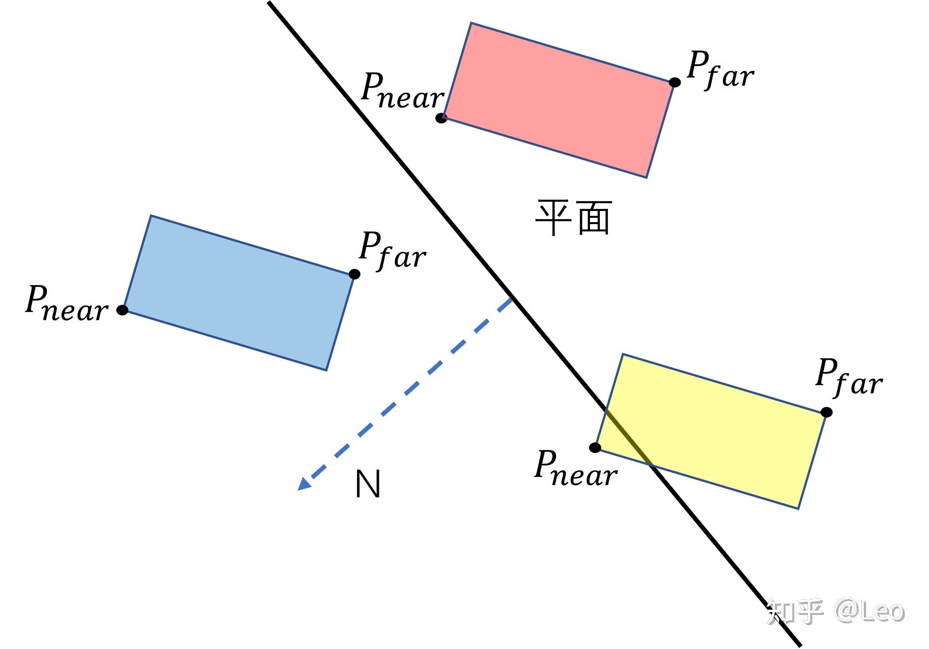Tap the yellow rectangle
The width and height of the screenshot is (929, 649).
click(715, 430)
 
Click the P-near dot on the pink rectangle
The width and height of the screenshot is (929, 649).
click(441, 118)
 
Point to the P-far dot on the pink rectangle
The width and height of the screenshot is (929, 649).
click(675, 82)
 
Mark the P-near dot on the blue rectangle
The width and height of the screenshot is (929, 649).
click(123, 310)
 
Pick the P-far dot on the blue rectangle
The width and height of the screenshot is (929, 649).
click(355, 274)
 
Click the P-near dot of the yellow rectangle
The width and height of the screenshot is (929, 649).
click(595, 448)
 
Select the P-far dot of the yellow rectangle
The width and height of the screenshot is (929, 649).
click(826, 412)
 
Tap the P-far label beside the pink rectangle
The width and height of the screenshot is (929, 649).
click(720, 70)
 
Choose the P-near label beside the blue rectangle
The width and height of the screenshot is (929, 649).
click(66, 303)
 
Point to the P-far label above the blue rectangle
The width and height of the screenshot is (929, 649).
click(392, 250)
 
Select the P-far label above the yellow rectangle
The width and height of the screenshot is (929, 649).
click(849, 377)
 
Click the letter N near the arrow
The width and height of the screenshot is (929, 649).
click(368, 484)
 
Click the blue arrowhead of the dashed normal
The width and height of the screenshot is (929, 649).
click(304, 484)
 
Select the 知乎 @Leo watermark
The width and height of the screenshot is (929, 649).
click(835, 611)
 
